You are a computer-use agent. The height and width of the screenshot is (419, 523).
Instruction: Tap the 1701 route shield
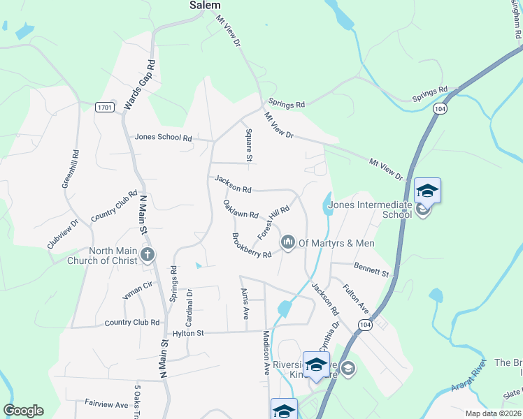point(104,107)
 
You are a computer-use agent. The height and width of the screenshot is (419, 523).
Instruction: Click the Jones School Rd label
point(164,138)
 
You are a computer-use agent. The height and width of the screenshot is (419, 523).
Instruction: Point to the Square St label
point(248,145)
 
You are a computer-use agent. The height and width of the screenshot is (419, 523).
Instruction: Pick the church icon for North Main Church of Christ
point(148,254)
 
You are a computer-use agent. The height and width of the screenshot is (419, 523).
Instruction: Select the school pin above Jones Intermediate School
point(427,190)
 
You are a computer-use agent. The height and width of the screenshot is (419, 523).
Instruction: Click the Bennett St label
point(371,268)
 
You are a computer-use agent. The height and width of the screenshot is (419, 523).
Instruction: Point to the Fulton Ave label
point(355,297)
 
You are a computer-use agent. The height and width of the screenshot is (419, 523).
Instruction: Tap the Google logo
point(23,411)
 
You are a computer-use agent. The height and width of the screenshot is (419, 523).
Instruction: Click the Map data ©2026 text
point(492,413)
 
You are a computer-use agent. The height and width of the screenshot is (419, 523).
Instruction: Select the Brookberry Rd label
point(251,245)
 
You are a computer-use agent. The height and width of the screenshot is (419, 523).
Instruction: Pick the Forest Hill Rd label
point(273,223)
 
